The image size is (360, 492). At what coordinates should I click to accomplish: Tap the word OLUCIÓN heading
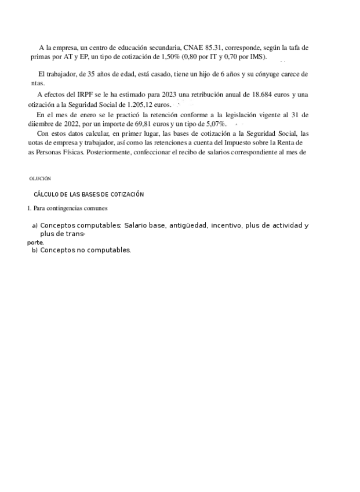(40, 179)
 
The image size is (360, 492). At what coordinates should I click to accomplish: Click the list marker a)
(35, 226)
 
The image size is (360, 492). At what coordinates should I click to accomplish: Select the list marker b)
(35, 251)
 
